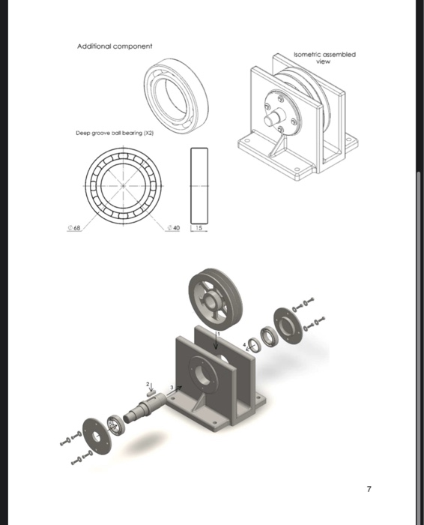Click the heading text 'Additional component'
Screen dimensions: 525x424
(x=115, y=46)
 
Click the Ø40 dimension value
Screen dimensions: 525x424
(x=174, y=228)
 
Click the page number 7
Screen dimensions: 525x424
(x=369, y=489)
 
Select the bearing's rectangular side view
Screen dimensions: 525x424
(x=199, y=184)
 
